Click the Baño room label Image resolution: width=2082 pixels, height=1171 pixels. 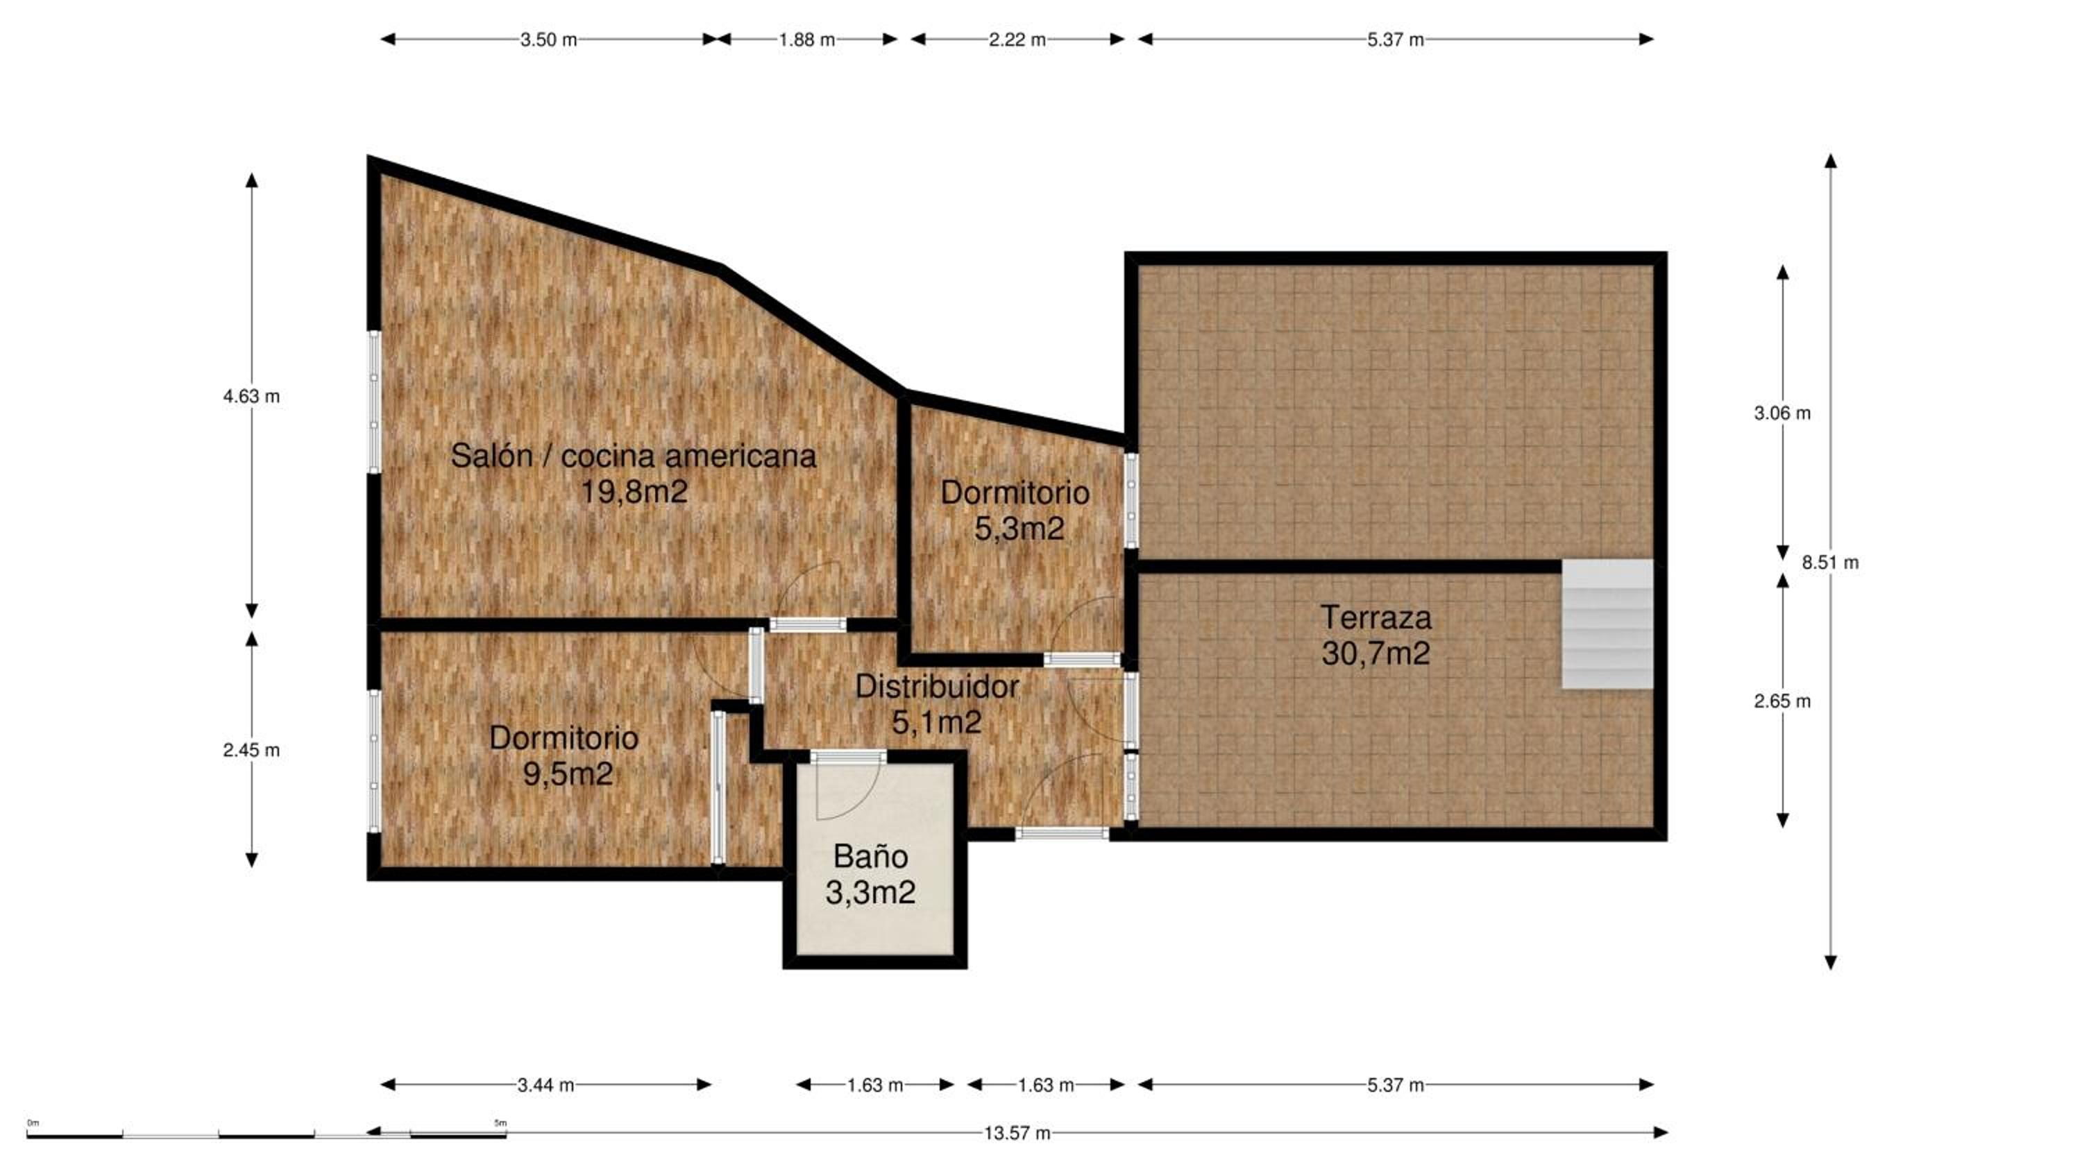click(x=870, y=856)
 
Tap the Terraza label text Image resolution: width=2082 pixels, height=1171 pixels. click(x=1376, y=618)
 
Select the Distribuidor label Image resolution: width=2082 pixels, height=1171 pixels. click(x=937, y=687)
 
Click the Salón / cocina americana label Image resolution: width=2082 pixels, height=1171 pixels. click(x=633, y=456)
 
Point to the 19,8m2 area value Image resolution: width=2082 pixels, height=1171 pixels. click(x=634, y=491)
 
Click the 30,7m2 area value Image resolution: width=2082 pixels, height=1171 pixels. click(x=1376, y=653)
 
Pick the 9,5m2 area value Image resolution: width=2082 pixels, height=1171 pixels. click(x=568, y=774)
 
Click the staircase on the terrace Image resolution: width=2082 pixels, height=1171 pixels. click(x=1607, y=624)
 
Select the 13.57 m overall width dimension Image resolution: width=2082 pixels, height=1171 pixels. click(x=1017, y=1133)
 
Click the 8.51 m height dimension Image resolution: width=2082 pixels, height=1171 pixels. click(x=1830, y=563)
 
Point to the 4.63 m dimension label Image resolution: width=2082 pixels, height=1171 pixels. click(x=251, y=396)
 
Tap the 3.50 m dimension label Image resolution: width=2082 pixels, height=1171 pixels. click(x=549, y=40)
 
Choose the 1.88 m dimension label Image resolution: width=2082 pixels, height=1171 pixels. click(x=806, y=40)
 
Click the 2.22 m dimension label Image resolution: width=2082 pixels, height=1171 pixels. click(x=1017, y=40)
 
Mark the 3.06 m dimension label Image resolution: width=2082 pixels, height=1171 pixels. click(x=1782, y=413)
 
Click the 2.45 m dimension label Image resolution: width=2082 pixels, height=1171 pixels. click(x=251, y=750)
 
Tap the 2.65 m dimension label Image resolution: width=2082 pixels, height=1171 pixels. click(x=1782, y=701)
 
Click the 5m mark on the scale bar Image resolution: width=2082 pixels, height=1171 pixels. click(x=500, y=1122)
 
